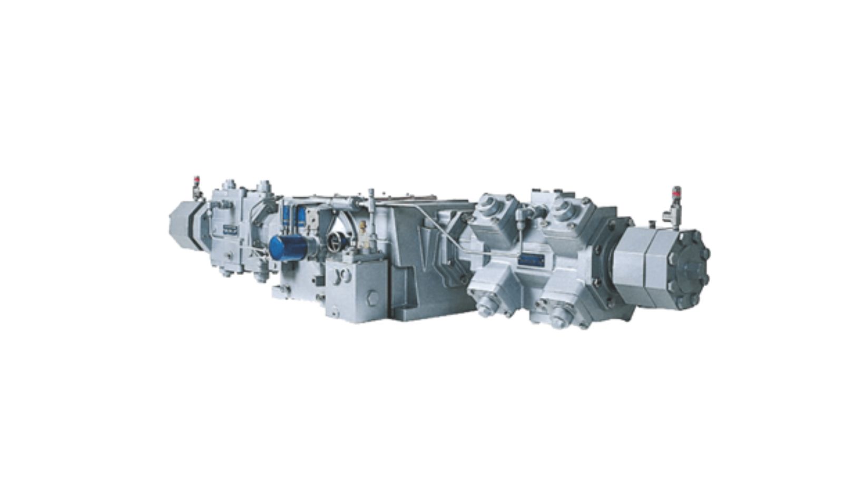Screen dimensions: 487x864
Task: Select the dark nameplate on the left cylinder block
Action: [230, 230]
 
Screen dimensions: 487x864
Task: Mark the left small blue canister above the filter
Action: [287, 216]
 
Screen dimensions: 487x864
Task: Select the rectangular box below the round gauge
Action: [356, 288]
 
